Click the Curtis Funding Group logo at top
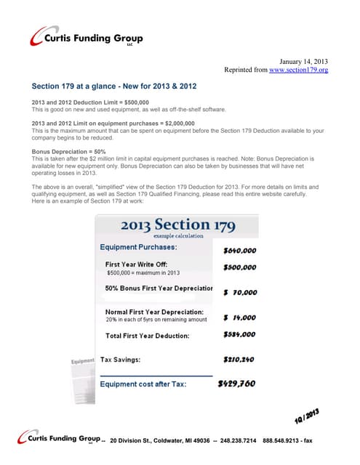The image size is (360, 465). (87, 39)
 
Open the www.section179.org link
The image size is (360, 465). (298, 70)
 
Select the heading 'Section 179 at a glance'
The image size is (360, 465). (114, 86)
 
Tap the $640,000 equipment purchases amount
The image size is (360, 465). (239, 250)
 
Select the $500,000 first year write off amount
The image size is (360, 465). (239, 267)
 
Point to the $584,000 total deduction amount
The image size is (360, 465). (239, 335)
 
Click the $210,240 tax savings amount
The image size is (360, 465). (239, 359)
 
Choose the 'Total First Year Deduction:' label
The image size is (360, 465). (147, 336)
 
